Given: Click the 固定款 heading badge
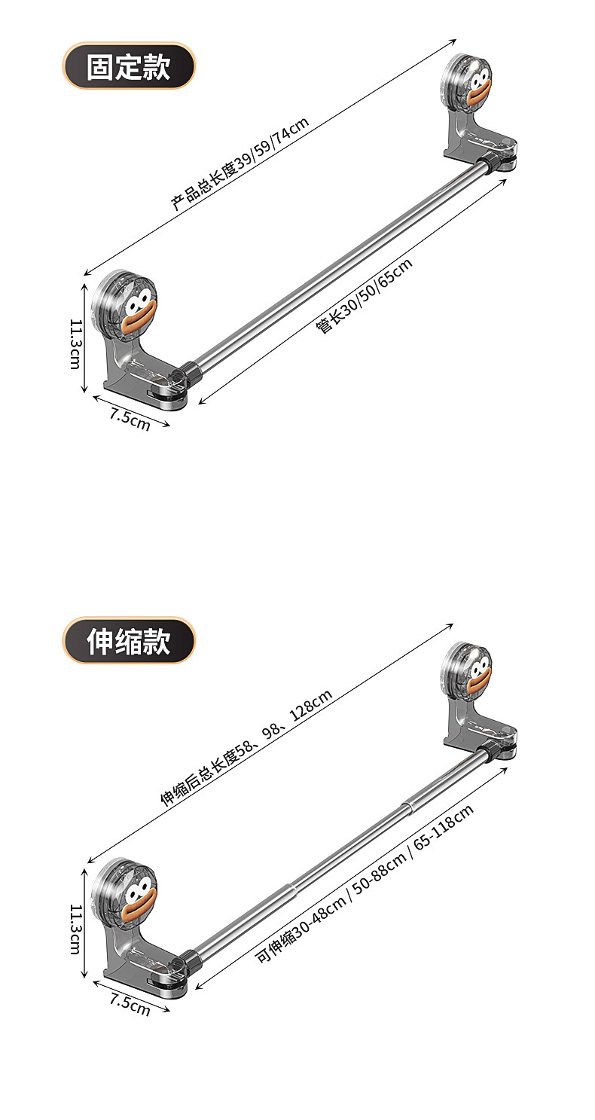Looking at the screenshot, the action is pyautogui.click(x=128, y=66).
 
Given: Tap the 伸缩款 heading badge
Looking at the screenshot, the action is pyautogui.click(x=128, y=641).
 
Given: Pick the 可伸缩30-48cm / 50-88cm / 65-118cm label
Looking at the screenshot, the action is pyautogui.click(x=365, y=883).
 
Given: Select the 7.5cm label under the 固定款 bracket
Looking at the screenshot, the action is pyautogui.click(x=130, y=419).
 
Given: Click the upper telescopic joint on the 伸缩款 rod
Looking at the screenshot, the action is pyautogui.click(x=407, y=807).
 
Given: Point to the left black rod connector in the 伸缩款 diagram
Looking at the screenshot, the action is pyautogui.click(x=188, y=959).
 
